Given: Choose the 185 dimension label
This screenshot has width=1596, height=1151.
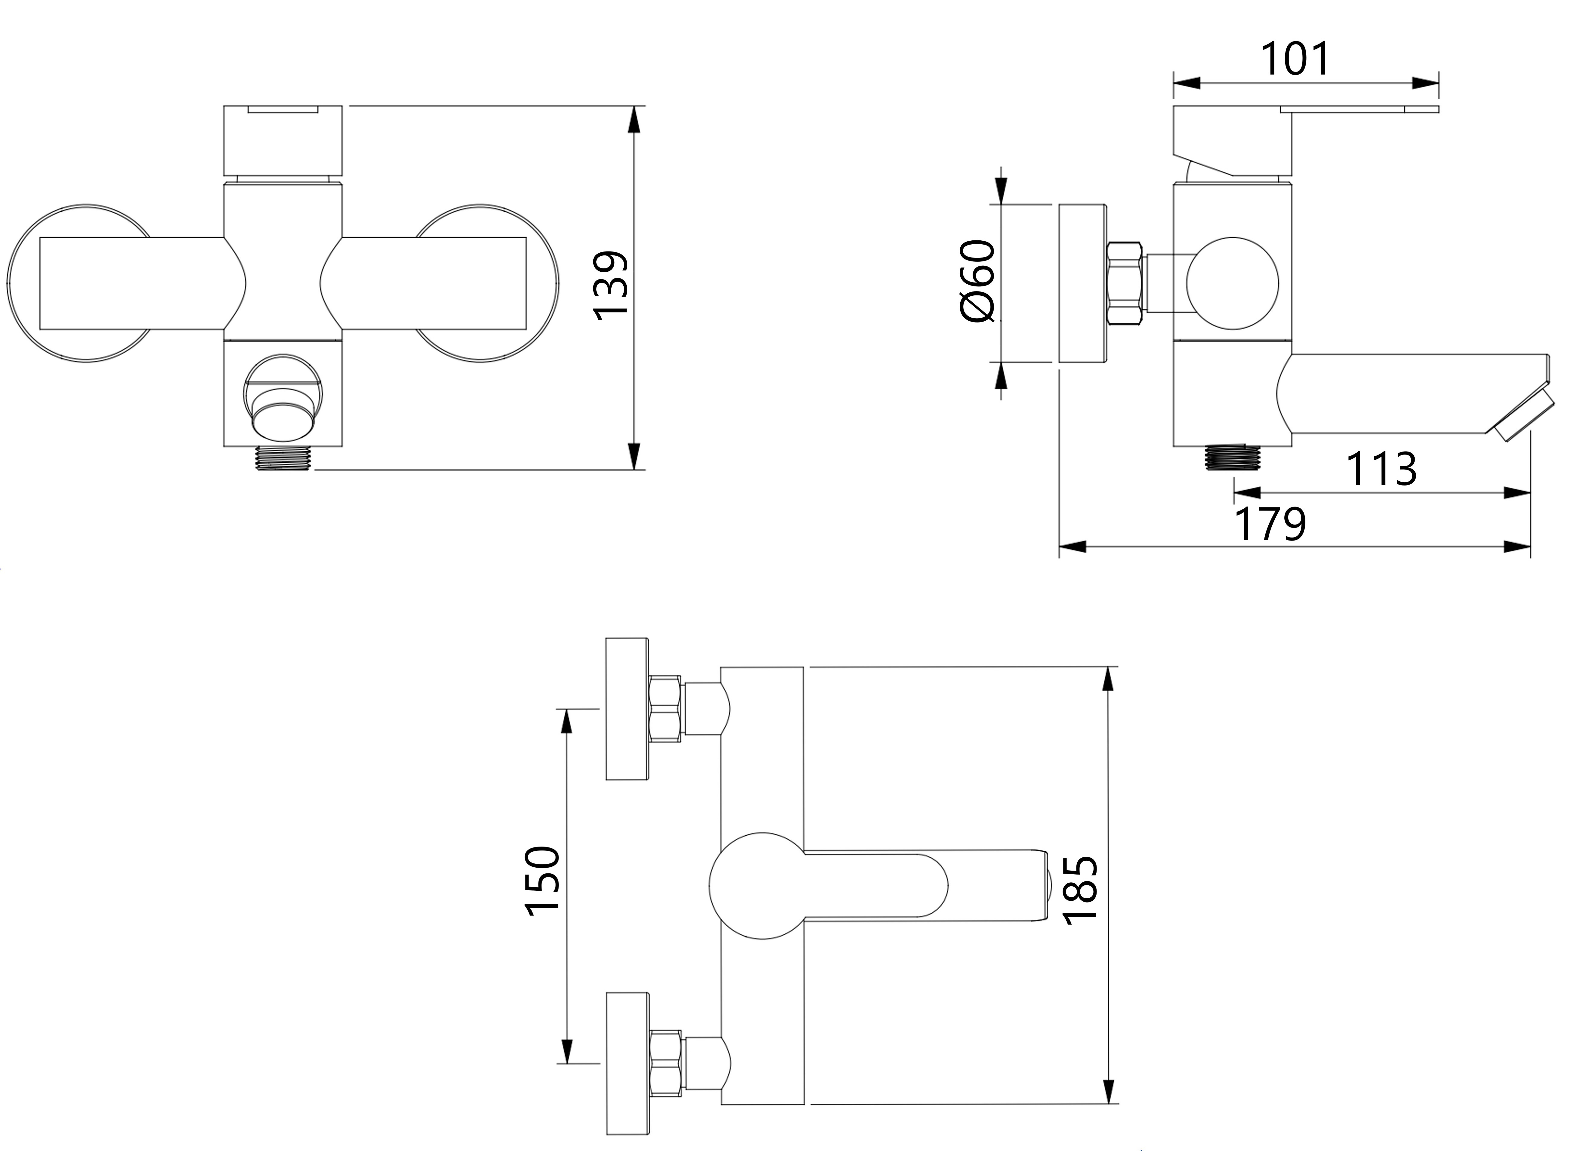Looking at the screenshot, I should click(x=1080, y=889).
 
